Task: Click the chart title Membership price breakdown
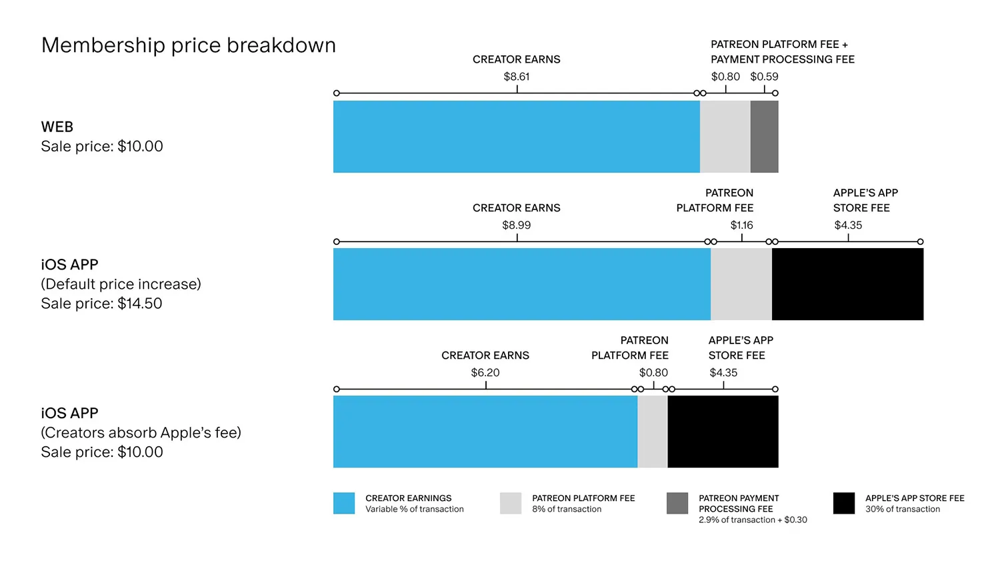coord(189,45)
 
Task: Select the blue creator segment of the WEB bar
coord(517,137)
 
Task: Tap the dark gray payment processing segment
coord(764,137)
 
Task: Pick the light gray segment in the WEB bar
coord(725,137)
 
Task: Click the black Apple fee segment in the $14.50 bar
coord(848,284)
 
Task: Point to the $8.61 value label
coord(517,77)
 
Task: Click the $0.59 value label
coord(764,77)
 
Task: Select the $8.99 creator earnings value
coord(517,225)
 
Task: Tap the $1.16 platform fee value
coord(741,225)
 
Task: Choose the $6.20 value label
coord(485,373)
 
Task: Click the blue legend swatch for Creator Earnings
coord(344,503)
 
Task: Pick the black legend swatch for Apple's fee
coord(844,503)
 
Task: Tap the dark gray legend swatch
coord(677,503)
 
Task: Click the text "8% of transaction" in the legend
coord(567,509)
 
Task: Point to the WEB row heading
coord(57,127)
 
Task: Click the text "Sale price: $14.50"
coord(102,304)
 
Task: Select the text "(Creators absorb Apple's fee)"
coord(141,432)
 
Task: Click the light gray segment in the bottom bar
coord(653,432)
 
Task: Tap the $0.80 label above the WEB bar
coord(725,77)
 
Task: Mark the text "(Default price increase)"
coord(121,284)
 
